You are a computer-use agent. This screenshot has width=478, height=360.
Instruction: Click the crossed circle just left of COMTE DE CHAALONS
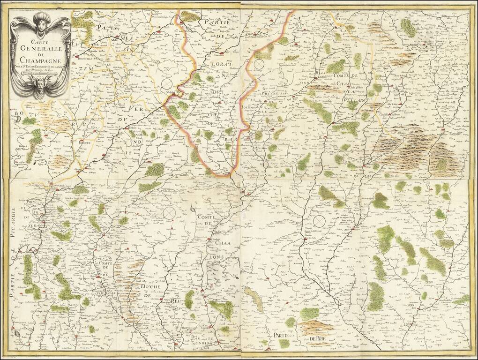click(x=170, y=212)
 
